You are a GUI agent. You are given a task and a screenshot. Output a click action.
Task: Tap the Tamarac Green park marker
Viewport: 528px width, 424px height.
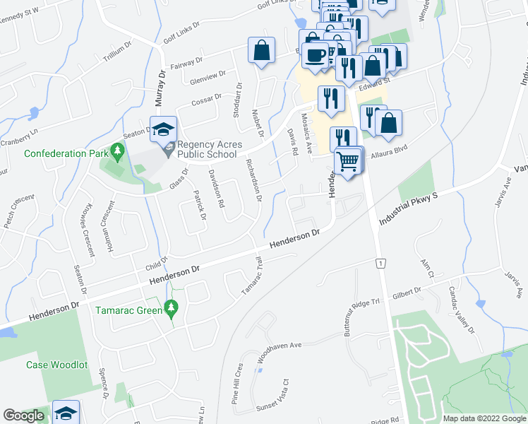(170, 307)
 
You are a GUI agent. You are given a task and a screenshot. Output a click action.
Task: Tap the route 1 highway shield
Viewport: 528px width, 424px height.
(380, 263)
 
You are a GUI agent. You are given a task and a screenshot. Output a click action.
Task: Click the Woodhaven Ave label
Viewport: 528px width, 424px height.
(279, 351)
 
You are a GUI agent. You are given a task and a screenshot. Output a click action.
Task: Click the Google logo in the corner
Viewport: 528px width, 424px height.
(23, 416)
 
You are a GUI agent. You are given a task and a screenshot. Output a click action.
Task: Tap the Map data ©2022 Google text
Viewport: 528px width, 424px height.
(484, 418)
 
